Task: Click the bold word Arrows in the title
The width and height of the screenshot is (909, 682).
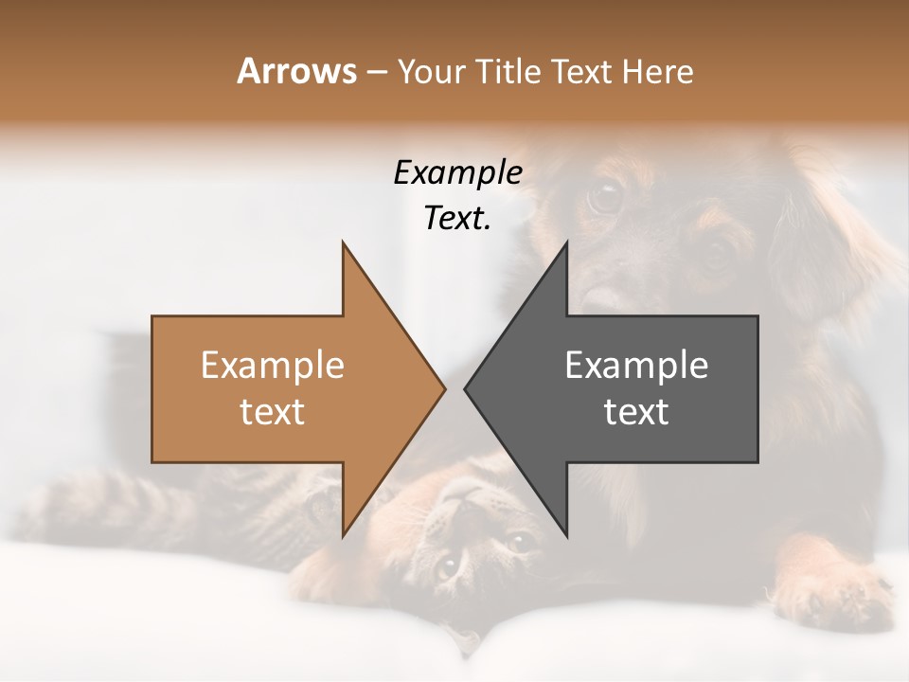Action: (x=296, y=71)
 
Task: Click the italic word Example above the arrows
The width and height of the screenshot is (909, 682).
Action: (x=457, y=172)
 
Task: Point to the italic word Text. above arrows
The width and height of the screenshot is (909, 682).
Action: (x=457, y=218)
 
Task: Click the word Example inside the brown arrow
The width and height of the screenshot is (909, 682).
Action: (x=272, y=366)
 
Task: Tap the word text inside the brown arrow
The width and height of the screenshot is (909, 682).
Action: (x=272, y=411)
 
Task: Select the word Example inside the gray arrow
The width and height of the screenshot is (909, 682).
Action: (x=636, y=366)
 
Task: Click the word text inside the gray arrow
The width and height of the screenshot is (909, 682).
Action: (x=636, y=411)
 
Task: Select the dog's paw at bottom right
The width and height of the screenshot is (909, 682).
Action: (x=833, y=597)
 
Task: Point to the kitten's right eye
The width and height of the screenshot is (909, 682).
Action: (x=518, y=542)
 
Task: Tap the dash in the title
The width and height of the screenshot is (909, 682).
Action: (x=377, y=71)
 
